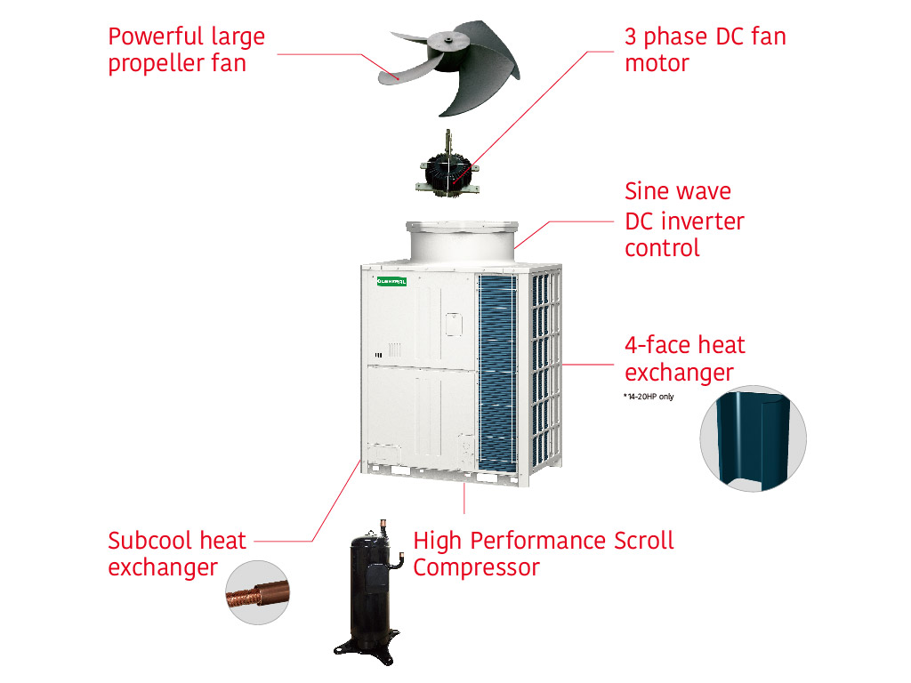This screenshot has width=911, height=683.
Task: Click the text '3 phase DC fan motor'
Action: pyautogui.click(x=705, y=50)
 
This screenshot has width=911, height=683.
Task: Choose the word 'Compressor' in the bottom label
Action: pyautogui.click(x=476, y=567)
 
